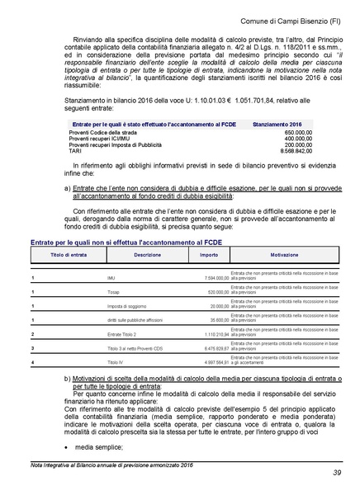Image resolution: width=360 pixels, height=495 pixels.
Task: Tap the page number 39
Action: point(337,472)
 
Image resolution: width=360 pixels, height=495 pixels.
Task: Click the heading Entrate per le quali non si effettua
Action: point(115,243)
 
